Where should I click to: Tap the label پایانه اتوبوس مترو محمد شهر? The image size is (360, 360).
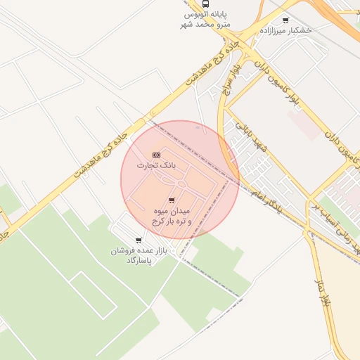[207, 20]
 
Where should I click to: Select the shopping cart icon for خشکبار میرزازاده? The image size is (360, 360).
[285, 20]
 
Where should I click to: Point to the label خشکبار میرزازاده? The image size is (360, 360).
[285, 31]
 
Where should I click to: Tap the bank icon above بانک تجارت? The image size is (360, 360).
[156, 155]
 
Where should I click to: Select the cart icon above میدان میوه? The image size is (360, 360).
[172, 200]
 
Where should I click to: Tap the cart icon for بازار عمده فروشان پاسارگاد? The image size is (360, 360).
[139, 240]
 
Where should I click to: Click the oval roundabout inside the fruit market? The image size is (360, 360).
[181, 184]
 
